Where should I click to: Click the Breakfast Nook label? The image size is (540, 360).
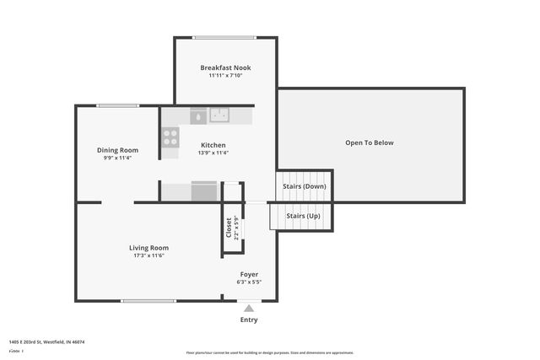(225, 67)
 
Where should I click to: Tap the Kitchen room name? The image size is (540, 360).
(212, 145)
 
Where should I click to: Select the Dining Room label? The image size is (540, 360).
(116, 150)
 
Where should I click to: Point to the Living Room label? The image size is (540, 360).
(148, 248)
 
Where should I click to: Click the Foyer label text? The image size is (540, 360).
(249, 274)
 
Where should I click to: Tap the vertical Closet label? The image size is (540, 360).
(229, 228)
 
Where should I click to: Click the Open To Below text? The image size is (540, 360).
(370, 142)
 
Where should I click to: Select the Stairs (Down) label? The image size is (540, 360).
(305, 186)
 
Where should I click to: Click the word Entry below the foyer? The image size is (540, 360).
(249, 320)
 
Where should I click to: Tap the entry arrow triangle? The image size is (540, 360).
(249, 308)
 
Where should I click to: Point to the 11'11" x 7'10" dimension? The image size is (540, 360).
(225, 76)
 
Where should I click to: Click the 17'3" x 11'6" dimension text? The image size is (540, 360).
(148, 255)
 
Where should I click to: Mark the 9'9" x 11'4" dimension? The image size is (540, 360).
(116, 158)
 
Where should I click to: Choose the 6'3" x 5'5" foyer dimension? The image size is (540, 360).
(249, 282)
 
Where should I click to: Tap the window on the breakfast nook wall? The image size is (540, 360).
(224, 37)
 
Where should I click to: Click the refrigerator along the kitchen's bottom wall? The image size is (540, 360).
(204, 191)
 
